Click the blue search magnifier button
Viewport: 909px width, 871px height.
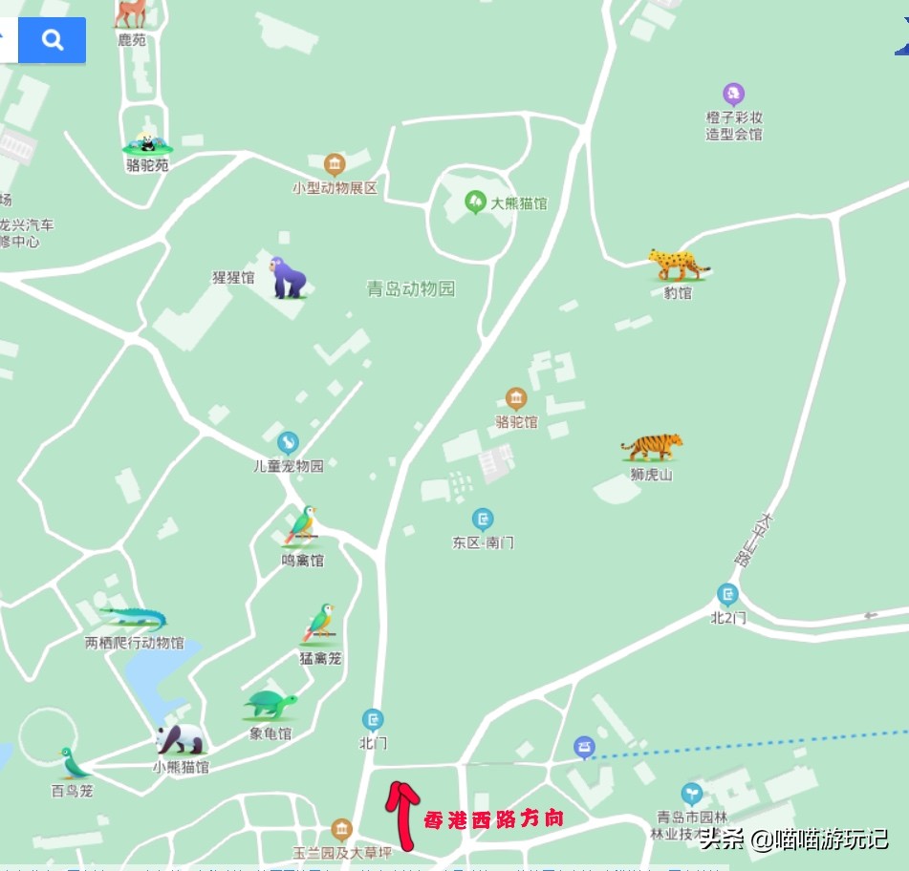[x=53, y=40]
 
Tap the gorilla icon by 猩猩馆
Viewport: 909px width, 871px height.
[x=287, y=278]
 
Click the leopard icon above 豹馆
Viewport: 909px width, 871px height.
[x=679, y=265]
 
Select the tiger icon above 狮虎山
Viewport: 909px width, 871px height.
[x=652, y=447]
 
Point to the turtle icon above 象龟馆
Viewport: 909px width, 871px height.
[x=271, y=706]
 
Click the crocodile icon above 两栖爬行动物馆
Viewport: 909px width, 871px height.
[x=134, y=617]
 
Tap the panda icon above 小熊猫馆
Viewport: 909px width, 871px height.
[x=180, y=739]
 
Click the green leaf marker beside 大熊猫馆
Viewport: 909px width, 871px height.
[x=475, y=202]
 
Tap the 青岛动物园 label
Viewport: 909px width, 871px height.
[x=411, y=288]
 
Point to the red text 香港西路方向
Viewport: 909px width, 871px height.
[x=493, y=818]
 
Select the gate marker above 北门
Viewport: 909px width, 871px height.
[x=373, y=719]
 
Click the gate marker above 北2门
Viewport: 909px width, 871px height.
[x=727, y=594]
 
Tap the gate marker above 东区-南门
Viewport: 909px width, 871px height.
[x=483, y=520]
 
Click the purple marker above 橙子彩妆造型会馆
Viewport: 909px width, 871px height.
[x=733, y=94]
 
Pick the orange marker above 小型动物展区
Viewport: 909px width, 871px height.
[x=334, y=164]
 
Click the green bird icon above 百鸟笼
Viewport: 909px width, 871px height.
[x=72, y=763]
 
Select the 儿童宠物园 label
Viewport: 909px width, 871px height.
[x=288, y=466]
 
